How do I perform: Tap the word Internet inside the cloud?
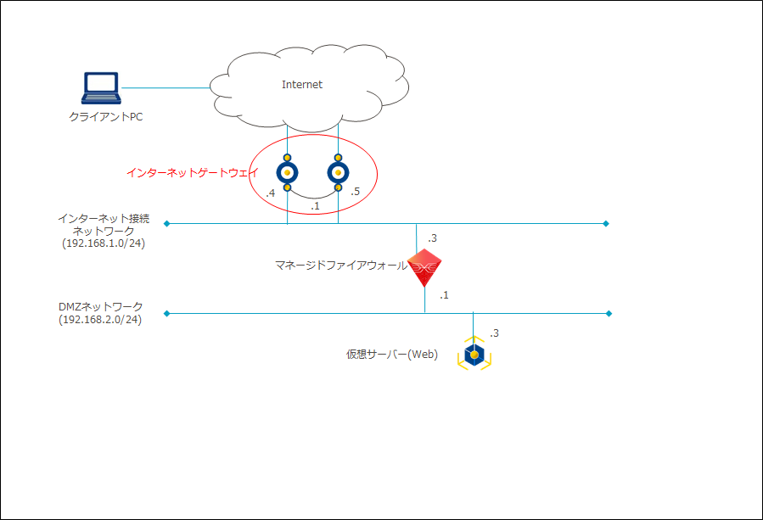tap(302, 85)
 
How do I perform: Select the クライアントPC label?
tap(105, 117)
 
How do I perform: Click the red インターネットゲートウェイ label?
tap(192, 172)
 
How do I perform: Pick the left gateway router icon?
tap(288, 173)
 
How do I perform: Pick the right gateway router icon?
tap(338, 173)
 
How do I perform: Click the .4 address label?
tap(270, 194)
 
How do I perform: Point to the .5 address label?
tap(355, 193)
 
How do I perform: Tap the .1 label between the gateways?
tap(315, 207)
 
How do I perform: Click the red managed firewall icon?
tap(424, 268)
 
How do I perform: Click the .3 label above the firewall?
tap(432, 238)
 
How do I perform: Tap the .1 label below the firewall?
tap(444, 295)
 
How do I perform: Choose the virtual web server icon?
tap(474, 354)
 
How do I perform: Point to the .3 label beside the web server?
tap(494, 333)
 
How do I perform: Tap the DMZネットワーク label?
tap(101, 306)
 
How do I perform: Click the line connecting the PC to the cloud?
tap(166, 87)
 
